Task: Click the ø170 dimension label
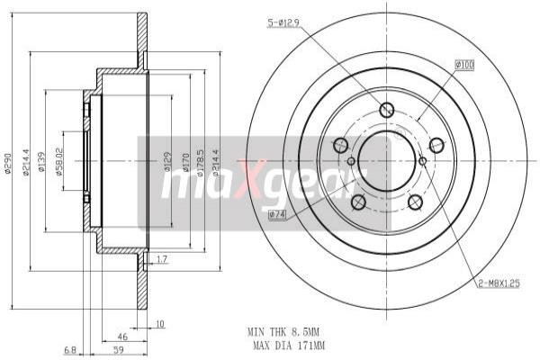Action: pyautogui.click(x=185, y=162)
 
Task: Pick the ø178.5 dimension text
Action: pyautogui.click(x=201, y=162)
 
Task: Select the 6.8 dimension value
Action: pyautogui.click(x=71, y=349)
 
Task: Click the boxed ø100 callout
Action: pyautogui.click(x=464, y=65)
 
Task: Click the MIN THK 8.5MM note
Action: pyautogui.click(x=285, y=331)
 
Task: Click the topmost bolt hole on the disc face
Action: pyautogui.click(x=387, y=111)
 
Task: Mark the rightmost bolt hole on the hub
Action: pyautogui.click(x=436, y=145)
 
